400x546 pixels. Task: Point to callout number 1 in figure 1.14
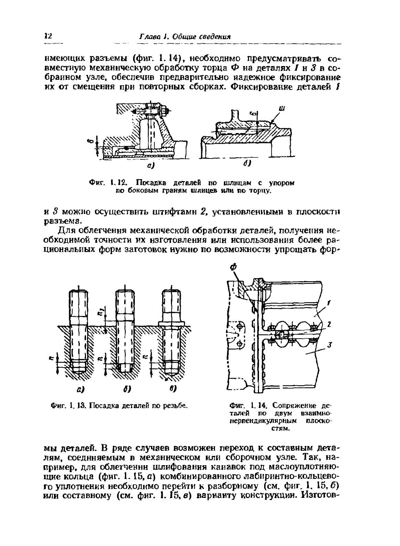tap(329, 302)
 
